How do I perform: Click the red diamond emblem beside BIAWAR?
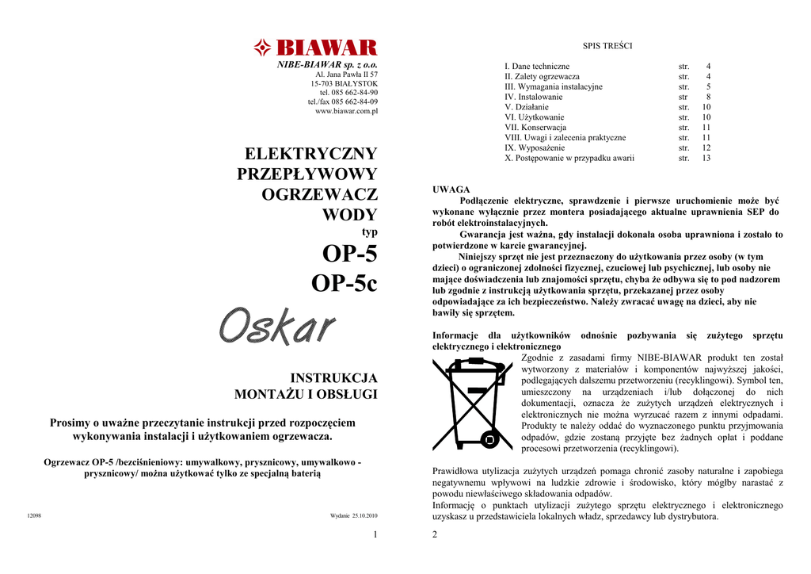(263, 48)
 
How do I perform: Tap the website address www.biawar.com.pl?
(346, 112)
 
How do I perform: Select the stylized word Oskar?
(276, 327)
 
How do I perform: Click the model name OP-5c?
(345, 283)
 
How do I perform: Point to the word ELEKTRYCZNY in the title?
(311, 153)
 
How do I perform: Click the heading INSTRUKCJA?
(334, 377)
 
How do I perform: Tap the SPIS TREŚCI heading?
(607, 46)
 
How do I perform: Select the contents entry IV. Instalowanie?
(534, 97)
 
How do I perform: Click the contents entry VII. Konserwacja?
(535, 128)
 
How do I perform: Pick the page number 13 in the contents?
(706, 159)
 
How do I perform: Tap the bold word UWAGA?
(451, 189)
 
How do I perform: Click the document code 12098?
(33, 516)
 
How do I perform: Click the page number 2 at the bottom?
(435, 534)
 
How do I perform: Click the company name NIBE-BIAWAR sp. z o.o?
(327, 64)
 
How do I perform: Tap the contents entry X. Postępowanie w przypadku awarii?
(569, 159)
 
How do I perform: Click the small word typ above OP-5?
(369, 232)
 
